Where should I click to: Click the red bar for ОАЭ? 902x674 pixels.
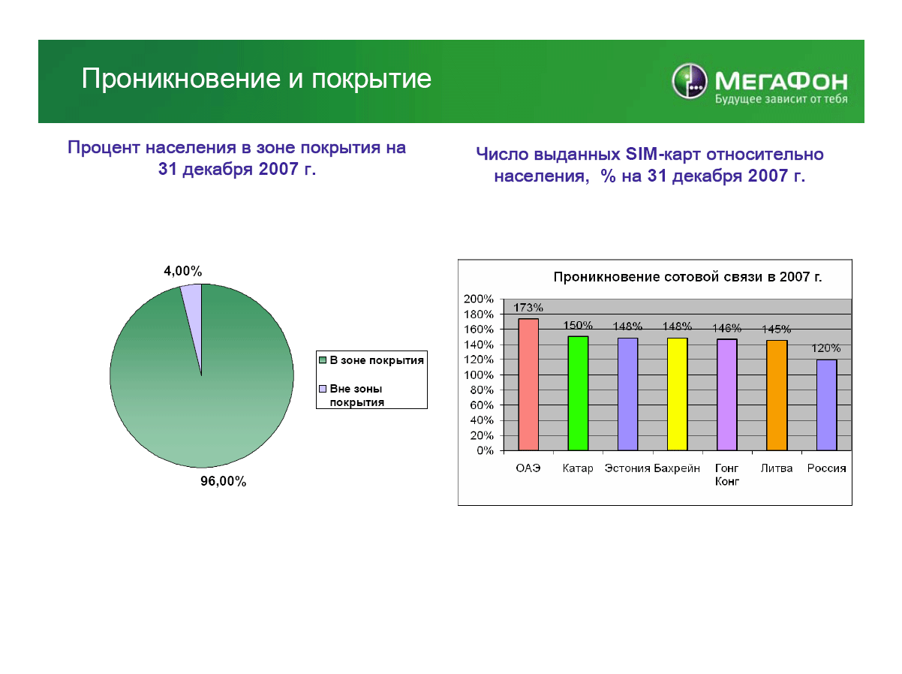pyautogui.click(x=528, y=384)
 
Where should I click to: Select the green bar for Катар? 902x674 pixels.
pyautogui.click(x=578, y=393)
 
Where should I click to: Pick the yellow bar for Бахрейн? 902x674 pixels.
pyautogui.click(x=677, y=394)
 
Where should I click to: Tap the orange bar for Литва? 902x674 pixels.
pyautogui.click(x=777, y=396)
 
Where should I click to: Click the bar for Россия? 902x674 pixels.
pyautogui.click(x=826, y=405)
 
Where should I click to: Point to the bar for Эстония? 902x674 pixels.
pyautogui.click(x=627, y=394)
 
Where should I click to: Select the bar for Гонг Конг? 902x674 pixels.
pyautogui.click(x=726, y=395)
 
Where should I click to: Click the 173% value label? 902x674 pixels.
pyautogui.click(x=528, y=308)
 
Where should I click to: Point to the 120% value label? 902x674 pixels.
pyautogui.click(x=825, y=348)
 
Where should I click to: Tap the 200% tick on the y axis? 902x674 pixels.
pyautogui.click(x=478, y=299)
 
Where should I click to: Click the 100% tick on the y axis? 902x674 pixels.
pyautogui.click(x=478, y=375)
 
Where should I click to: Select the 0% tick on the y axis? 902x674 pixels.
pyautogui.click(x=485, y=450)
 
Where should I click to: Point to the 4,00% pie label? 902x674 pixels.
pyautogui.click(x=183, y=271)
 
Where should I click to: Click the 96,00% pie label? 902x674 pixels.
pyautogui.click(x=223, y=481)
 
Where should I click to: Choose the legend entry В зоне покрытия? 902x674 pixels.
pyautogui.click(x=371, y=360)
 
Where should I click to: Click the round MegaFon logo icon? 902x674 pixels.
pyautogui.click(x=689, y=81)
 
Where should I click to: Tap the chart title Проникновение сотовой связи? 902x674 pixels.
pyautogui.click(x=687, y=277)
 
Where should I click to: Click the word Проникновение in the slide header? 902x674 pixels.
pyautogui.click(x=181, y=78)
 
